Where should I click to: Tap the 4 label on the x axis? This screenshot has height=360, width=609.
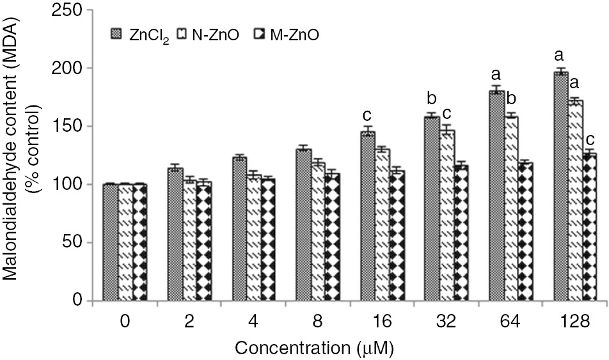(253, 323)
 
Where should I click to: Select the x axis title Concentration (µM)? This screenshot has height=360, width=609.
(313, 349)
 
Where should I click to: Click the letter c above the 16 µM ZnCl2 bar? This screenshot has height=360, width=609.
(367, 115)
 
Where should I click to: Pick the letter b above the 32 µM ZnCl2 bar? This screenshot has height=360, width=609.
(432, 99)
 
